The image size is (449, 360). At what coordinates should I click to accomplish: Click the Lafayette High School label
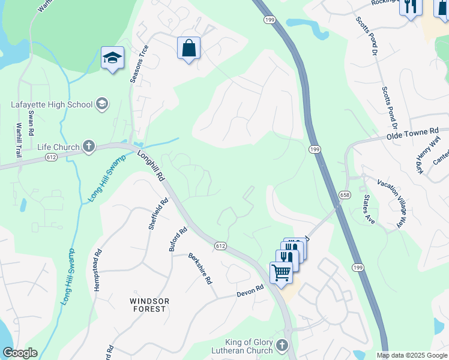52,104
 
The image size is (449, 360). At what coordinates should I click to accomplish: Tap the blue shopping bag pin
188,49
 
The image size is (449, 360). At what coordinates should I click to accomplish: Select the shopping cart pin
281,272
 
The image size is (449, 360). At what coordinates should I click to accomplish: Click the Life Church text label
58,147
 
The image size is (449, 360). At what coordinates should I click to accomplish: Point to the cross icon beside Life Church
88,146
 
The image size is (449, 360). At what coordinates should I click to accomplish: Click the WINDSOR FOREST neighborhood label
149,305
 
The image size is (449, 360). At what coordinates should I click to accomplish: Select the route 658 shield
344,195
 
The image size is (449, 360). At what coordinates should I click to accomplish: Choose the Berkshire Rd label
200,268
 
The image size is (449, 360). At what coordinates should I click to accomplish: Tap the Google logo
20,353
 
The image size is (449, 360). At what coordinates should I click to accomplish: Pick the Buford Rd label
178,239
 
